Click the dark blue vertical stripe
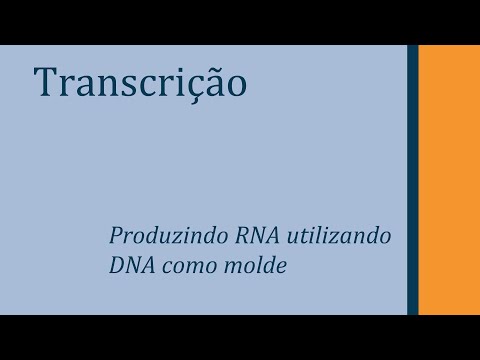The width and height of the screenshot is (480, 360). (x=412, y=180)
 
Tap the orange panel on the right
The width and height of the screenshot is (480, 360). (x=449, y=180)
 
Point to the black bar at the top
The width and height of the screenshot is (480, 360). (x=240, y=22)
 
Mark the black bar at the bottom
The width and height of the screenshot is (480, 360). (x=240, y=337)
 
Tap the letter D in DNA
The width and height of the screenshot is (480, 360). (x=117, y=267)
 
